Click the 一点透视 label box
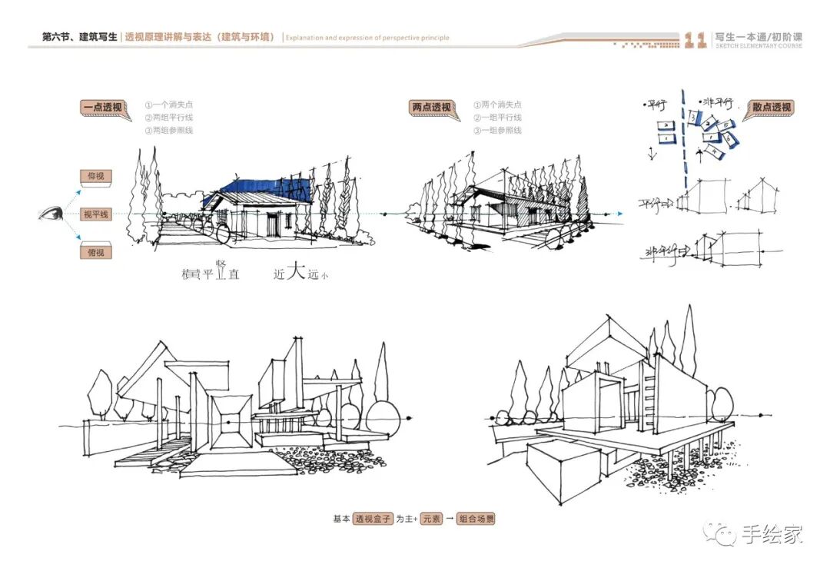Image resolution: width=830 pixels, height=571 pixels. pos(102,108)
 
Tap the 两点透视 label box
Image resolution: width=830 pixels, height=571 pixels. pos(431,108)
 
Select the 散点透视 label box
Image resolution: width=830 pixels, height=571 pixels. pos(771,108)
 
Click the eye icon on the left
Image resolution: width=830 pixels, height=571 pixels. pos(52,214)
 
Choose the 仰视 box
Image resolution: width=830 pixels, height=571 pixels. pos(96,177)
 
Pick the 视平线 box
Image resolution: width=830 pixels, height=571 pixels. pos(96,214)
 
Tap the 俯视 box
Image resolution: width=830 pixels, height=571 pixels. pos(96,252)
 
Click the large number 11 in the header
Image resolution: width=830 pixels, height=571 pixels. pos(695,40)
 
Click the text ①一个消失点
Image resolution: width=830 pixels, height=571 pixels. pos(168,105)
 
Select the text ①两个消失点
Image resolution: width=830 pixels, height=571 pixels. pos(497,105)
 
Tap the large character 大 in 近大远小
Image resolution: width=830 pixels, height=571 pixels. pos(296,273)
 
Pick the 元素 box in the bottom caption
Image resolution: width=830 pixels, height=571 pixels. pos(431,519)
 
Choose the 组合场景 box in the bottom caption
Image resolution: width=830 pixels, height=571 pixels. pos(476,519)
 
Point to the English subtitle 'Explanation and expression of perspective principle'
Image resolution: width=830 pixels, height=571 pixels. pos(367,37)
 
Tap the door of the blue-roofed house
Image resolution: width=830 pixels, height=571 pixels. pos(274,223)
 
